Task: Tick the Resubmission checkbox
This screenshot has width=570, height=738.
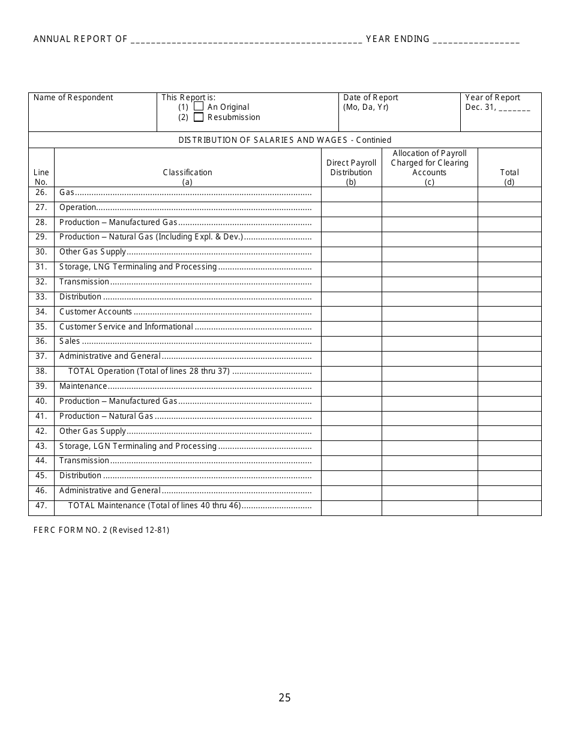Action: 199,118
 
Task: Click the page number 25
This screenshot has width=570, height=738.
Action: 284,698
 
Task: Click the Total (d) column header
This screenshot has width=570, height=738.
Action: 509,177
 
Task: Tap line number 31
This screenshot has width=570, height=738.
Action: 41,267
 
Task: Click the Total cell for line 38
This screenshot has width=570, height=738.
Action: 509,371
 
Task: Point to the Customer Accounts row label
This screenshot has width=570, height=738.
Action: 95,312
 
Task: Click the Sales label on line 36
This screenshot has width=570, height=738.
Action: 70,341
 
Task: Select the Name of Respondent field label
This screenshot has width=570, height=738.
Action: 73,98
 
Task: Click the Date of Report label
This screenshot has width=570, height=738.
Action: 371,98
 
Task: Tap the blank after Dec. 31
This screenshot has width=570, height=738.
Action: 514,109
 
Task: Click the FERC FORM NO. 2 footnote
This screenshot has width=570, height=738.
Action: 101,530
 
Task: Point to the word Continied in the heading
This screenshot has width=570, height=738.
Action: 373,140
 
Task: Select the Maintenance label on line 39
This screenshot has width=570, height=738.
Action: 83,386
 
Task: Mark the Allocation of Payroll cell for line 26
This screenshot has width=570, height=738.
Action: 430,193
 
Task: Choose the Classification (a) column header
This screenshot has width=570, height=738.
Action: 187,177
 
